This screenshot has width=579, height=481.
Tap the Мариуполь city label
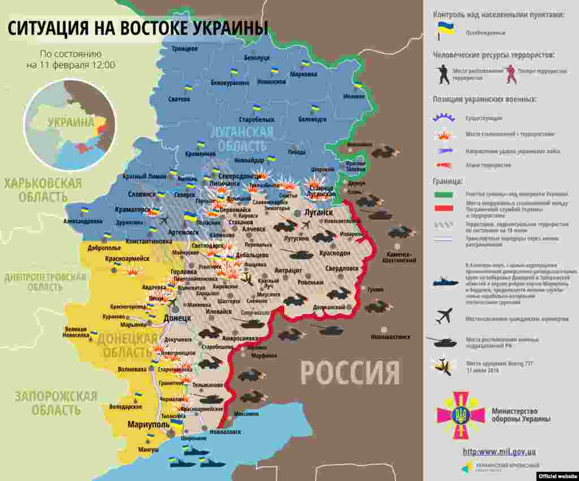coord(148,424)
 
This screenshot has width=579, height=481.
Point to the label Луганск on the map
coord(318,212)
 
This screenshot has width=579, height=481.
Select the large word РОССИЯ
coord(349,372)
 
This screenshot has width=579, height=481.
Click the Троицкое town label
coord(184,49)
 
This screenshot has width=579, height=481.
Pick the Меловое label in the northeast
coord(354,96)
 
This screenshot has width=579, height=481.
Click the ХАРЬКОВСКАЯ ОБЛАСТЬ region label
coord(43,190)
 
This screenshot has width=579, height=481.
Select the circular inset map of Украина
coord(70,125)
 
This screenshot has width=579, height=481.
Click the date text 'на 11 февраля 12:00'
coord(71,65)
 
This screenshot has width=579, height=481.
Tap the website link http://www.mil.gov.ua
coord(499,452)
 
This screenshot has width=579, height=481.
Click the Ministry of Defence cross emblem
coord(460,415)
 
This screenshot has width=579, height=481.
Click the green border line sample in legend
coord(443,194)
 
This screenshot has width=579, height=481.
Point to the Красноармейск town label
coord(127,258)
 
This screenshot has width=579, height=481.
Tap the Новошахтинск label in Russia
coord(390,337)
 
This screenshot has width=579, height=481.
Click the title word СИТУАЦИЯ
coord(48,28)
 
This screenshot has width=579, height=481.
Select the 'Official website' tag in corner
coord(557,476)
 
